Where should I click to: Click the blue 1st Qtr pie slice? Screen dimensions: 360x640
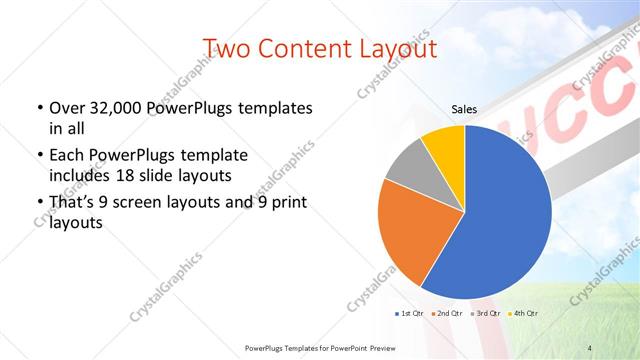(500, 220)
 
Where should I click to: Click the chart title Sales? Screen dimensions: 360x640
(464, 109)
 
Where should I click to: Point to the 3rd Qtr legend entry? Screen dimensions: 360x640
(488, 314)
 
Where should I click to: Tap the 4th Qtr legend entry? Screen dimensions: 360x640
(527, 314)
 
